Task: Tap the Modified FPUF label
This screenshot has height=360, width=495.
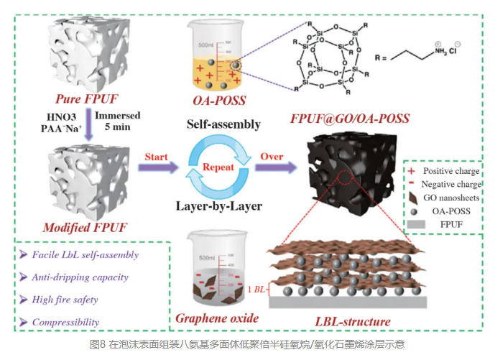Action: pos(85,228)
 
